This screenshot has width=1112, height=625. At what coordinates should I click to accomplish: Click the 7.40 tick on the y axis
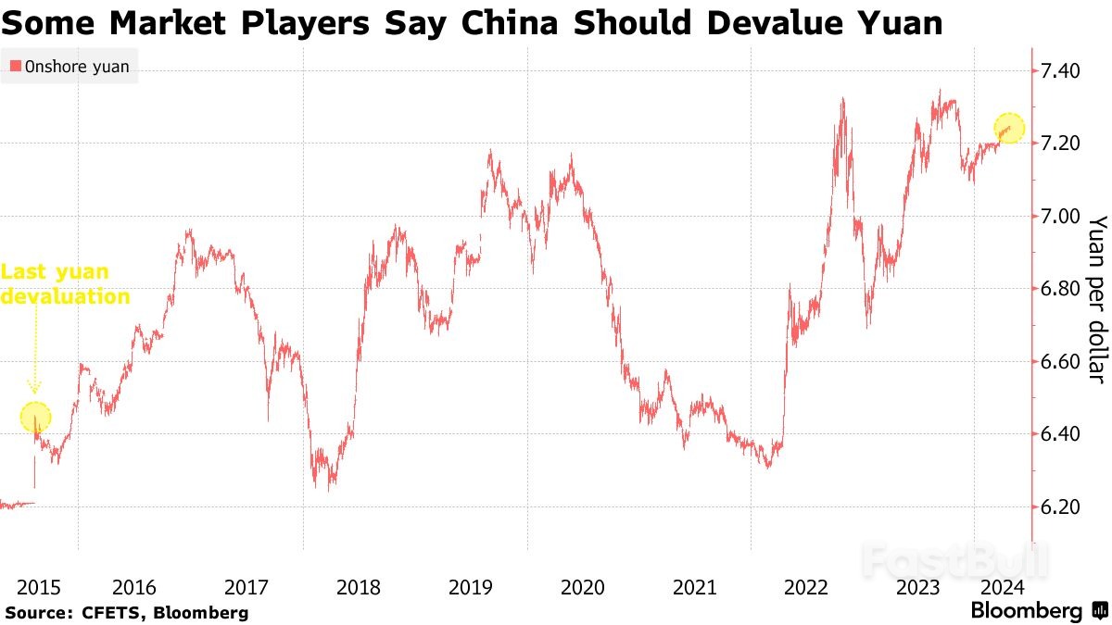coord(1061,70)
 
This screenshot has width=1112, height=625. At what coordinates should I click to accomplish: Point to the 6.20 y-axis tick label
coord(1061,506)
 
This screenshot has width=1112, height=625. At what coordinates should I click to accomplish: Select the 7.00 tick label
coord(1061,216)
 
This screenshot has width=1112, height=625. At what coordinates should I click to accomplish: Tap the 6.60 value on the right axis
coord(1061,361)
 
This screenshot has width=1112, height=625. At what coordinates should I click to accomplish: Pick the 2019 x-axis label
coord(470,587)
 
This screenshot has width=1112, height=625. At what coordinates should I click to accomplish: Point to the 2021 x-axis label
coord(694,587)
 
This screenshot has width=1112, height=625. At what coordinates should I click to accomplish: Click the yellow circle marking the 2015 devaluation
coord(35,418)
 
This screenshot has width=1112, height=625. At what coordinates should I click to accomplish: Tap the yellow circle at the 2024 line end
coord(1010,129)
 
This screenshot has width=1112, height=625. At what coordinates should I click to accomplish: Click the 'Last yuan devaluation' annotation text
coord(65,284)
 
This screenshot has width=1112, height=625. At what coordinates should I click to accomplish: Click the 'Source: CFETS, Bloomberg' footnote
coord(127,612)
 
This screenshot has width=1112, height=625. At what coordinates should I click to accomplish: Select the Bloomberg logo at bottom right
coord(1037,611)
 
